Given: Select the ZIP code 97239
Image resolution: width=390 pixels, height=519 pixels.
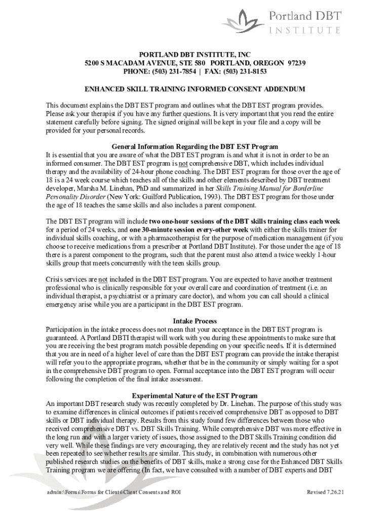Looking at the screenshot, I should click(294, 63).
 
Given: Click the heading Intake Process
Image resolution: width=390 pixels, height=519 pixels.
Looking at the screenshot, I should click(195, 321).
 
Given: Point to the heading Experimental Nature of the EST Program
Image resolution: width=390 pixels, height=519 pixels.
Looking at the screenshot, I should click(194, 396).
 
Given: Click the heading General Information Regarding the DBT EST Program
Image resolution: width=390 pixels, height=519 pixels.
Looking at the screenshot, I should click(195, 147).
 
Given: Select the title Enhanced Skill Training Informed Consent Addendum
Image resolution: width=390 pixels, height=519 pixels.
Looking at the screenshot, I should click(194, 89).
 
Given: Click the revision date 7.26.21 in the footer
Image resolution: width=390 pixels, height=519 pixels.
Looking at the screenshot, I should click(334, 492).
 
